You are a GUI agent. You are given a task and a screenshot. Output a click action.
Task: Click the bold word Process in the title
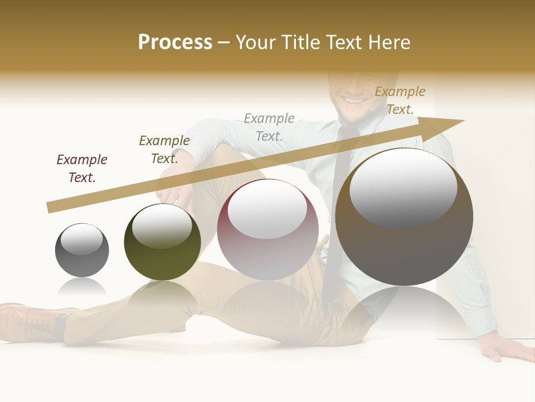tap(175, 42)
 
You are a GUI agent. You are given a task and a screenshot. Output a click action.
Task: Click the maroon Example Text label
tap(82, 169)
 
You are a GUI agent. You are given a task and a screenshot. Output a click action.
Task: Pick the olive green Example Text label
tap(164, 150)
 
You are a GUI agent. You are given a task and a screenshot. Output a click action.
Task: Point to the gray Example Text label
tap(269, 127)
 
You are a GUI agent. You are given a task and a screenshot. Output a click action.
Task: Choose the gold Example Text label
tap(400, 100)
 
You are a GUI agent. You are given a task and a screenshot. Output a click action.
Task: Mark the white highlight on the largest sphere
tap(403, 187)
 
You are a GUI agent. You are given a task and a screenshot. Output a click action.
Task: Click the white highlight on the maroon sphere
tap(267, 208)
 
